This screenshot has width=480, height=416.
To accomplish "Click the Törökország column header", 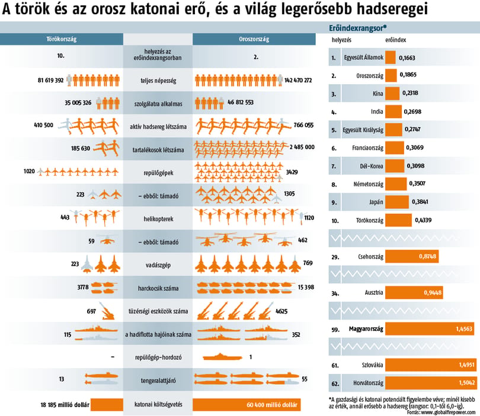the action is pyautogui.click(x=62, y=39).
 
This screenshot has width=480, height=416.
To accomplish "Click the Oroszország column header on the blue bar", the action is pyautogui.click(x=254, y=39).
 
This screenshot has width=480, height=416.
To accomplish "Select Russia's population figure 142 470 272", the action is pyautogui.click(x=298, y=80).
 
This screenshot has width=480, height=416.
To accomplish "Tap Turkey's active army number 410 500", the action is pyautogui.click(x=43, y=125).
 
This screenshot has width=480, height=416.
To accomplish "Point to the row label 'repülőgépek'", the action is pyautogui.click(x=158, y=173).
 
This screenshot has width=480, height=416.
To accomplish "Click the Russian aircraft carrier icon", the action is pyautogui.click(x=222, y=357).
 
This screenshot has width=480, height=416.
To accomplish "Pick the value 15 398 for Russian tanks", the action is pyautogui.click(x=306, y=288).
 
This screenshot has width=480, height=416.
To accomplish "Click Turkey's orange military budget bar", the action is pyautogui.click(x=107, y=405).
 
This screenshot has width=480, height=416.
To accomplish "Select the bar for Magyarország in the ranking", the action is pyautogui.click(x=430, y=329).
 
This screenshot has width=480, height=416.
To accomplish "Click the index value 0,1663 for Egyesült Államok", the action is pyautogui.click(x=407, y=58).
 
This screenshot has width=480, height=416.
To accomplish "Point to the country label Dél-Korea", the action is pyautogui.click(x=372, y=166).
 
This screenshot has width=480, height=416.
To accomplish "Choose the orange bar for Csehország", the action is pyautogui.click(x=412, y=256).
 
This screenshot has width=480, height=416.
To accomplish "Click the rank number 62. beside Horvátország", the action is pyautogui.click(x=335, y=383).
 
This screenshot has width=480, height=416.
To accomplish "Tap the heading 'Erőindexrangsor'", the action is pyautogui.click(x=357, y=28).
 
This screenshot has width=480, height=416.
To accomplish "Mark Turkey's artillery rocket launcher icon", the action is pyautogui.click(x=107, y=311).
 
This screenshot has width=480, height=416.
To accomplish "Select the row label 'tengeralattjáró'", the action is pyautogui.click(x=158, y=380).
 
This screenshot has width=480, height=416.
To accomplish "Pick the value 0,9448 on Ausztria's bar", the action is pyautogui.click(x=433, y=293).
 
